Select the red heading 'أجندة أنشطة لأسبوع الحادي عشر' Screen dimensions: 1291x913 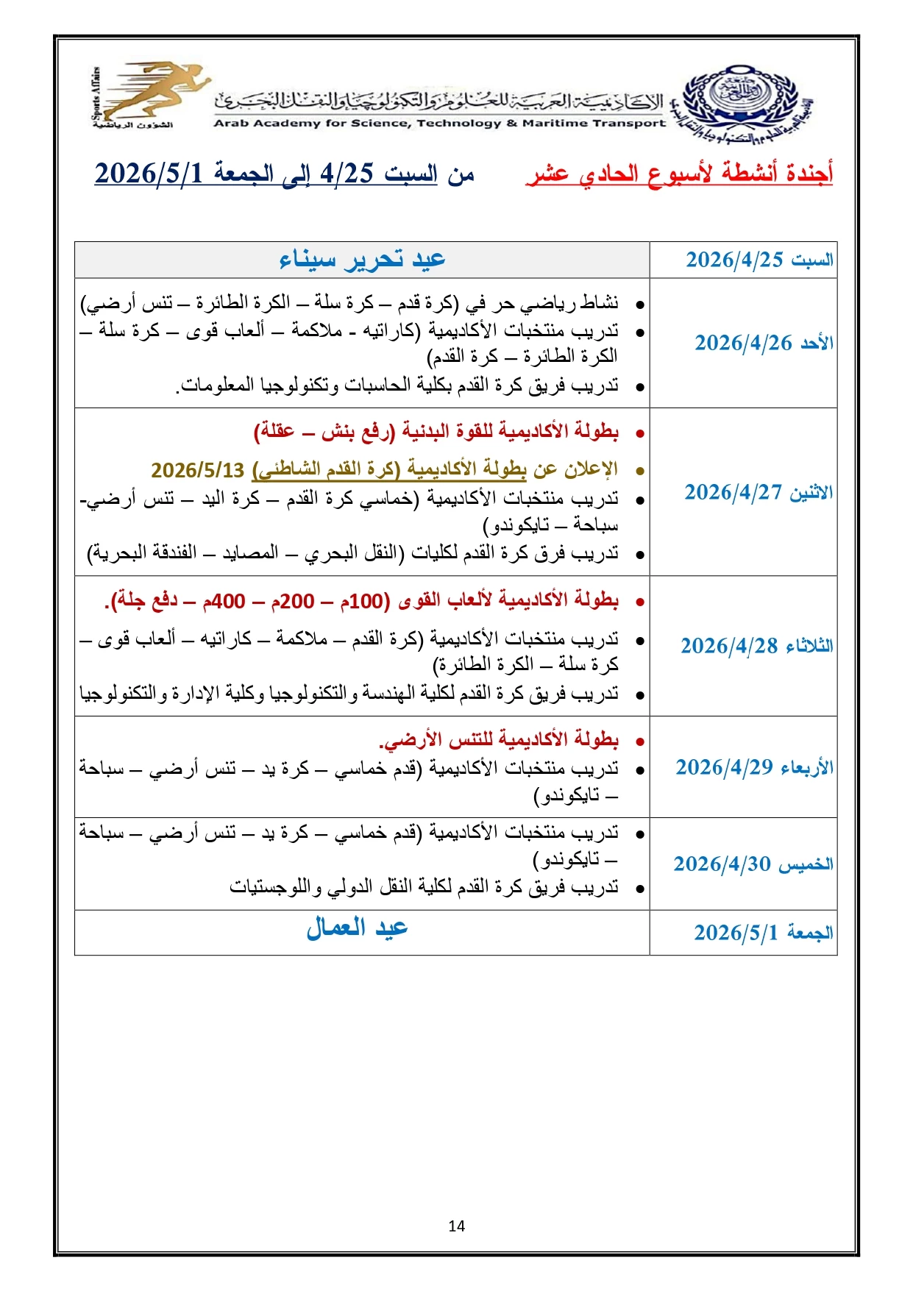pos(679,174)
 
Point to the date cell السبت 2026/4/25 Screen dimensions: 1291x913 pos(759,260)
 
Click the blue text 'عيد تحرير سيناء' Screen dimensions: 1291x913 pos(362,260)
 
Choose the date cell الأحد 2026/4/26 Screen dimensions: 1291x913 pos(764,343)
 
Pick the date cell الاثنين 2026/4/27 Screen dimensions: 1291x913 pos(759,492)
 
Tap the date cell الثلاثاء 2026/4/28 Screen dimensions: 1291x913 pos(756,646)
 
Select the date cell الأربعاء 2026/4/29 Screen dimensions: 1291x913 pos(754,767)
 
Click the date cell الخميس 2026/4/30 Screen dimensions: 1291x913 pos(753,864)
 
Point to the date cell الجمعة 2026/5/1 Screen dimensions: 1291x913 pos(763,933)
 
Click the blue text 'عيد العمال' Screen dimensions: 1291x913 pos(357,928)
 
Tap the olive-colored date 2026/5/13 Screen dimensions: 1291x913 pos(197,470)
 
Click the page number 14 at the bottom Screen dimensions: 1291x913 pos(456,1226)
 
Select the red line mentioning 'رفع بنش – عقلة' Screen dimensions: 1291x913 pos(436,432)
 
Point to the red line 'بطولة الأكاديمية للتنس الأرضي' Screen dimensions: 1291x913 pos(499,739)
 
